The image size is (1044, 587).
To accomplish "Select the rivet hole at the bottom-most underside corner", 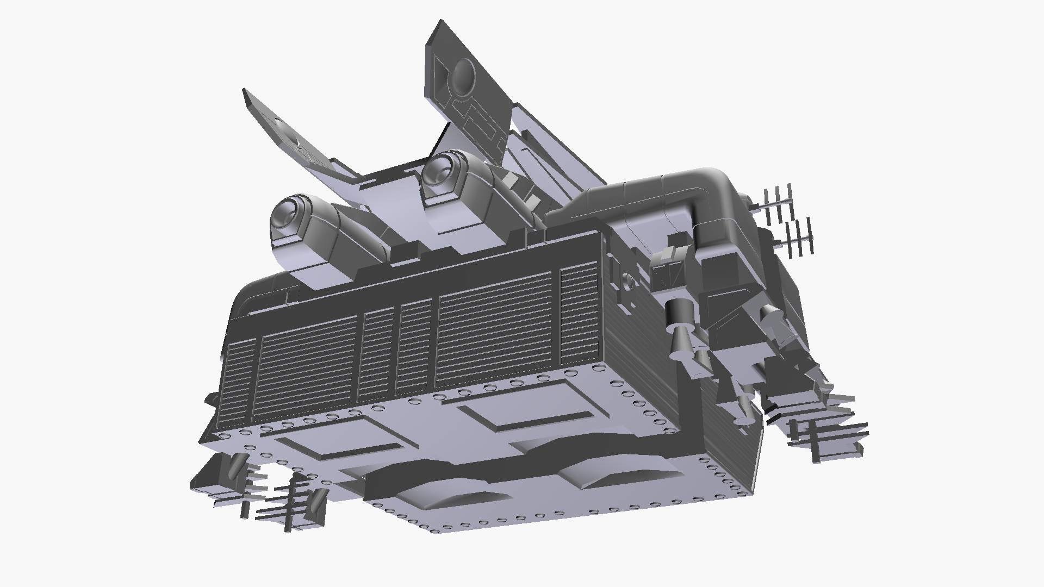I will [x=435, y=529].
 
